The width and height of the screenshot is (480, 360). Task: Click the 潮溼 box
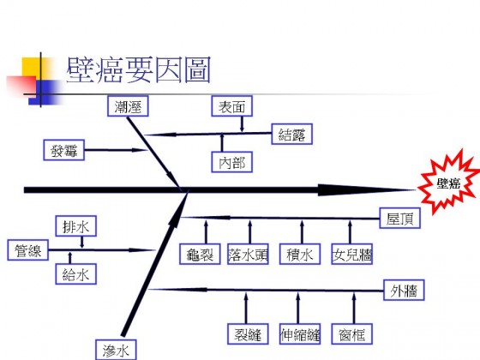click(x=128, y=106)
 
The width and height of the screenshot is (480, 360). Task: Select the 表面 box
click(x=231, y=106)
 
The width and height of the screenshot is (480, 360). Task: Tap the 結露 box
click(x=292, y=134)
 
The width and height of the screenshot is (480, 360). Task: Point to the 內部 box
click(x=231, y=162)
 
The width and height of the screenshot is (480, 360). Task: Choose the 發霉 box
click(x=63, y=150)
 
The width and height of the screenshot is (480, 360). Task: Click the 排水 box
click(x=76, y=226)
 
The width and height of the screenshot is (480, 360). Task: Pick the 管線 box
click(x=27, y=250)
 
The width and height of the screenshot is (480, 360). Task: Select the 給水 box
click(x=76, y=274)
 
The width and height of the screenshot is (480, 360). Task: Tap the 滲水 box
click(x=116, y=350)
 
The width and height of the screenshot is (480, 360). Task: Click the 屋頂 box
click(x=399, y=218)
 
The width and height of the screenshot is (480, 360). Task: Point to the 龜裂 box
click(x=200, y=254)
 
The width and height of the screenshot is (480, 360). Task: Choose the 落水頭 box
click(x=248, y=254)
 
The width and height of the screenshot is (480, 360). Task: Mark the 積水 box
click(x=300, y=254)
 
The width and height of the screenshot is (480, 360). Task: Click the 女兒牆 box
click(x=352, y=254)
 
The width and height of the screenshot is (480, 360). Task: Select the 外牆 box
click(x=404, y=290)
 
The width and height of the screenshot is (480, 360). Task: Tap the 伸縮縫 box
click(x=300, y=333)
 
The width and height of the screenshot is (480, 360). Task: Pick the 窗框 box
click(x=352, y=333)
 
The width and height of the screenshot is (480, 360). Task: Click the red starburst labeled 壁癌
click(x=449, y=183)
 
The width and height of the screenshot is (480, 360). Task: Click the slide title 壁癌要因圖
click(x=138, y=69)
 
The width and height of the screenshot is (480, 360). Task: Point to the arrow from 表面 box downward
click(x=242, y=124)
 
